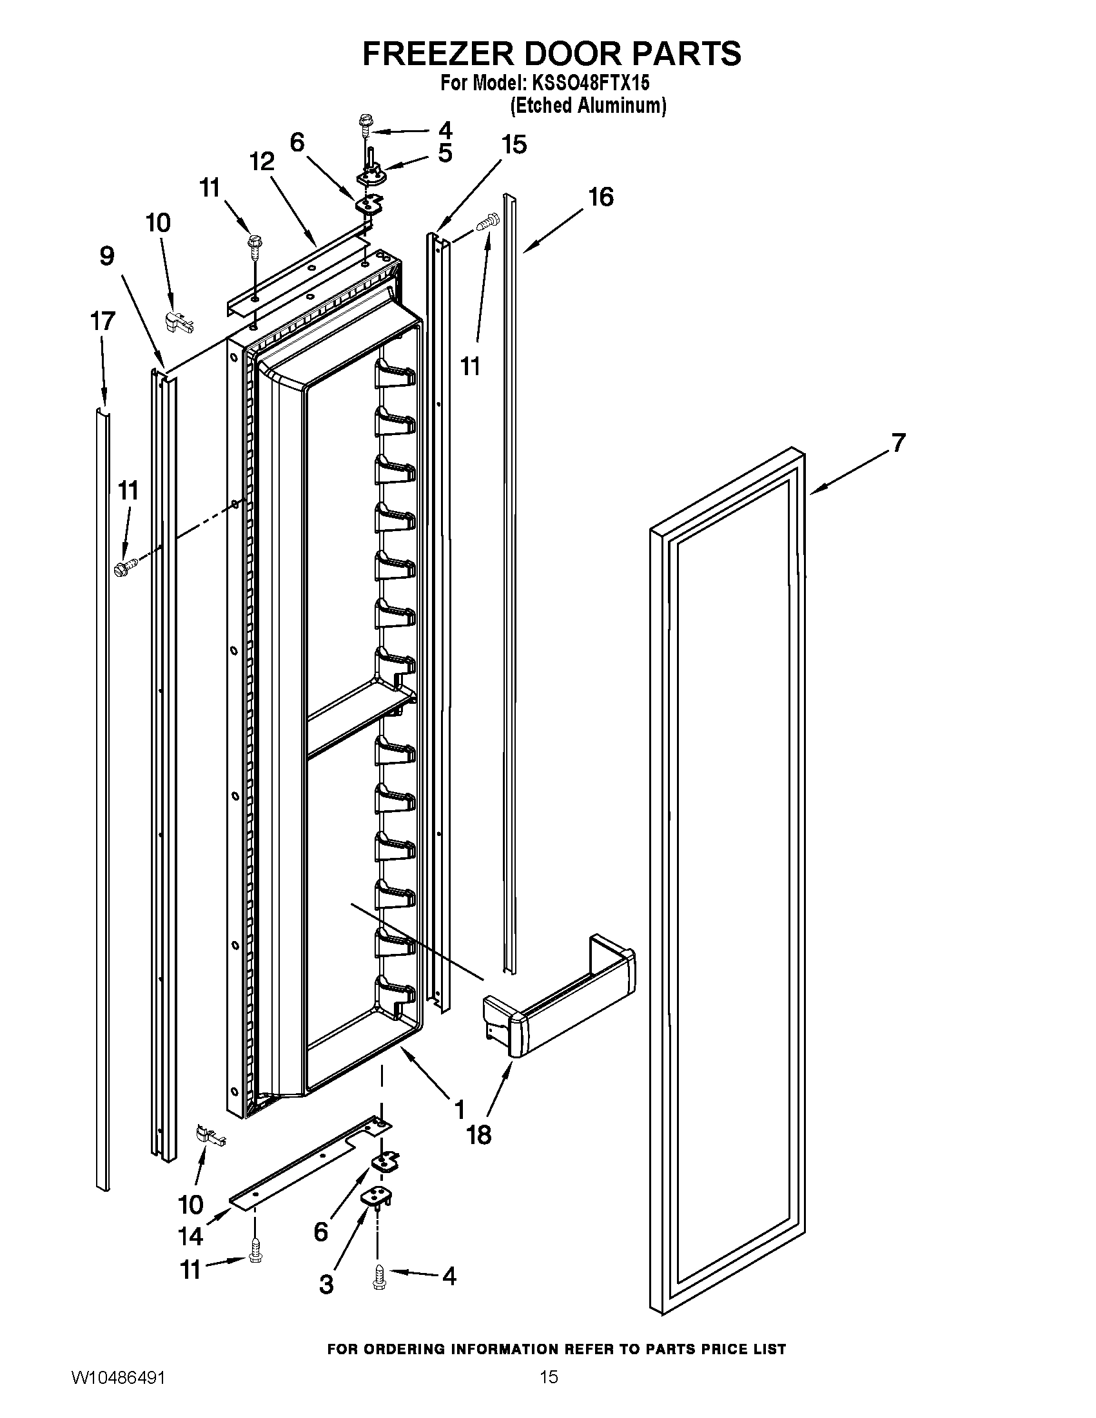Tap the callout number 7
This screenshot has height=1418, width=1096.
(898, 443)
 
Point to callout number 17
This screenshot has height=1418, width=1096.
(103, 322)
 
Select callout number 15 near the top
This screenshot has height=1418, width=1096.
(514, 145)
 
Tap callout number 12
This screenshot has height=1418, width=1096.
(262, 162)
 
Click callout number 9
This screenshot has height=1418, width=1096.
(106, 256)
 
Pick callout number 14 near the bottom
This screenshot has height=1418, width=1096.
(191, 1236)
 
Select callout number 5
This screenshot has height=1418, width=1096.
(445, 153)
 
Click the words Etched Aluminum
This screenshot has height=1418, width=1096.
(588, 106)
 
